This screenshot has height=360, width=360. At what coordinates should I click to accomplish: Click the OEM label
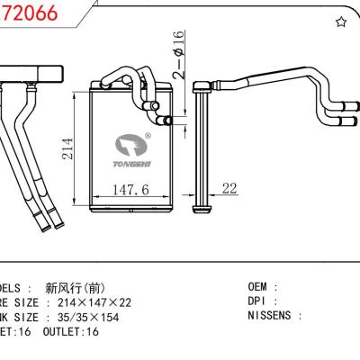258,288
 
